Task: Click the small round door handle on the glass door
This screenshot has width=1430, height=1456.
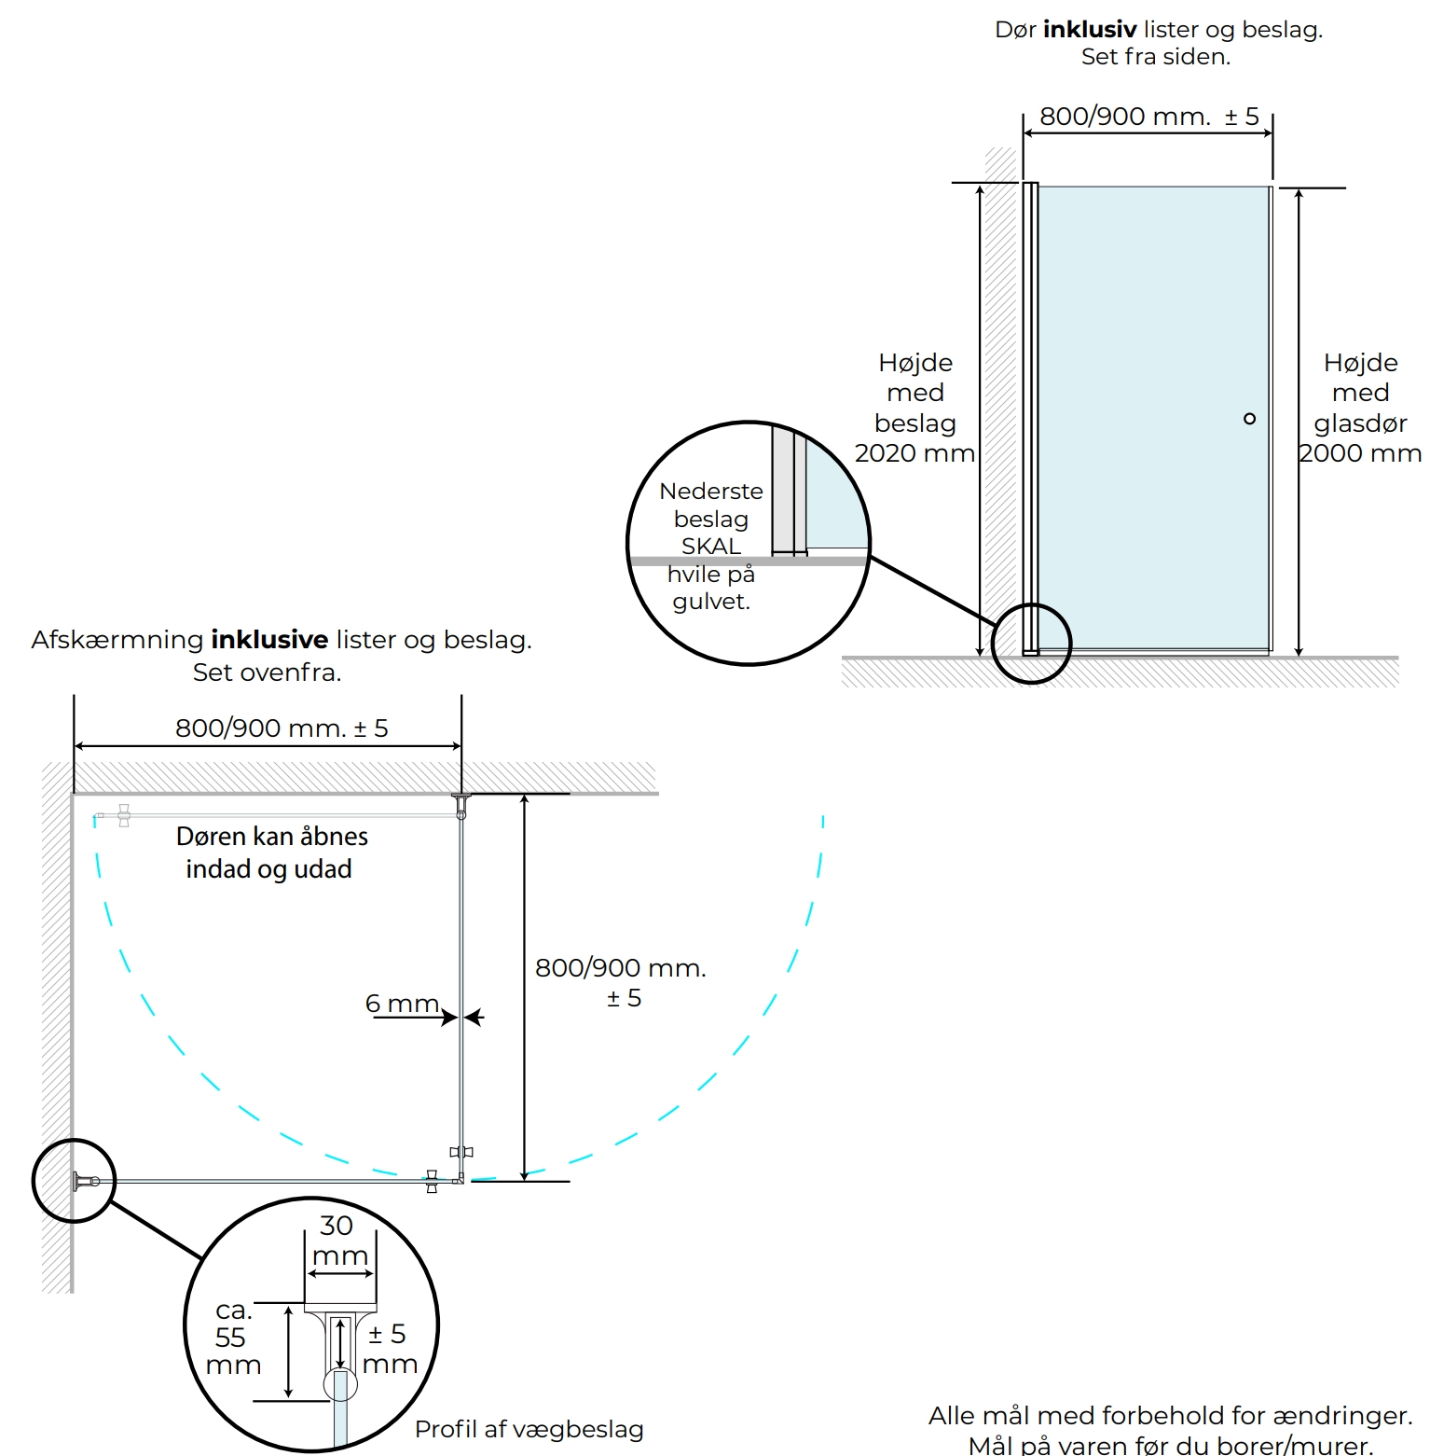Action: [1249, 419]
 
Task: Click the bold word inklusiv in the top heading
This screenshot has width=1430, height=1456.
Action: [1090, 30]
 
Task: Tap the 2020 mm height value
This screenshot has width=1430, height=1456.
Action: [914, 453]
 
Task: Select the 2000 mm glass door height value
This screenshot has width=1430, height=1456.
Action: [1360, 453]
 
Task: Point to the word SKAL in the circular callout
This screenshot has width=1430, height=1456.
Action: [711, 546]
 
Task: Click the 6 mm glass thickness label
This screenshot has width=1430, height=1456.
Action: [402, 1004]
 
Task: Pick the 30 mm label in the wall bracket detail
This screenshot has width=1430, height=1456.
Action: [339, 1241]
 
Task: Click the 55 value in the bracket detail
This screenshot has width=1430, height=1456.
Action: [230, 1338]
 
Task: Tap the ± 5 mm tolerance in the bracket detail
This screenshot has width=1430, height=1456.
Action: [389, 1349]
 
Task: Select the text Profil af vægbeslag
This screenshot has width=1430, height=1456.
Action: [529, 1430]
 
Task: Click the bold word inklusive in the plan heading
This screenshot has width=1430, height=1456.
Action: [269, 640]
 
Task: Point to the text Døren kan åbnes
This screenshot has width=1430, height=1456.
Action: [272, 837]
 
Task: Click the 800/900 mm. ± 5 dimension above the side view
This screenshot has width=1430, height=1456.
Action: [1149, 117]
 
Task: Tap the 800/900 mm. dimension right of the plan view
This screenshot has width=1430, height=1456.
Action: [621, 968]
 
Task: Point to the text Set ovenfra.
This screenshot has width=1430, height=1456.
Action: [268, 673]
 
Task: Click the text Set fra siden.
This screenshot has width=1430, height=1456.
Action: [1156, 57]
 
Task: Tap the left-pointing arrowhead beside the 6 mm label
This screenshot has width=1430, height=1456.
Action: [474, 1017]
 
